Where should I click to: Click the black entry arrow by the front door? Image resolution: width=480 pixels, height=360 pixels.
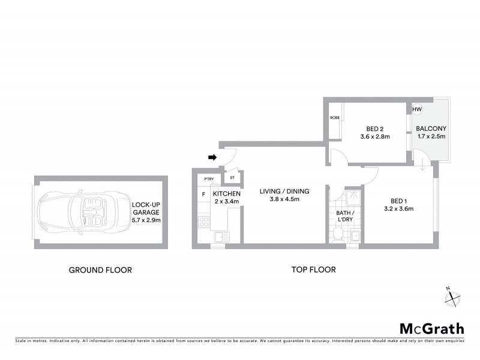coord(212,158)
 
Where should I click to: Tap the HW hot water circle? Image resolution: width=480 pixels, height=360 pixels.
coord(417,110)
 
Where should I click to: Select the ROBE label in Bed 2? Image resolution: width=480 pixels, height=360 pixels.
coord(335,118)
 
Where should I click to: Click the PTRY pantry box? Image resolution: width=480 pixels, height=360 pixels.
coord(209,179)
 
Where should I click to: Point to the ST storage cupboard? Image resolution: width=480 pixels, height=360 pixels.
coord(232,178)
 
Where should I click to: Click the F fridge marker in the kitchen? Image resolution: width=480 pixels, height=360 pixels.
coord(203,194)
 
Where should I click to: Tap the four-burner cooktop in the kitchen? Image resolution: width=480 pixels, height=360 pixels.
coord(203,223)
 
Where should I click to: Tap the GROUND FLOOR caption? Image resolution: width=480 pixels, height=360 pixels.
coord(100,270)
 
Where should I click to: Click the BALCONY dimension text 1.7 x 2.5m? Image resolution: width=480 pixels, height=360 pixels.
coord(431,137)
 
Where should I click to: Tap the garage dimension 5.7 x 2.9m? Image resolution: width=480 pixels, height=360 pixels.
coord(146,220)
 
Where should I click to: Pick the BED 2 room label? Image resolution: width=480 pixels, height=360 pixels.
coord(374,128)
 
